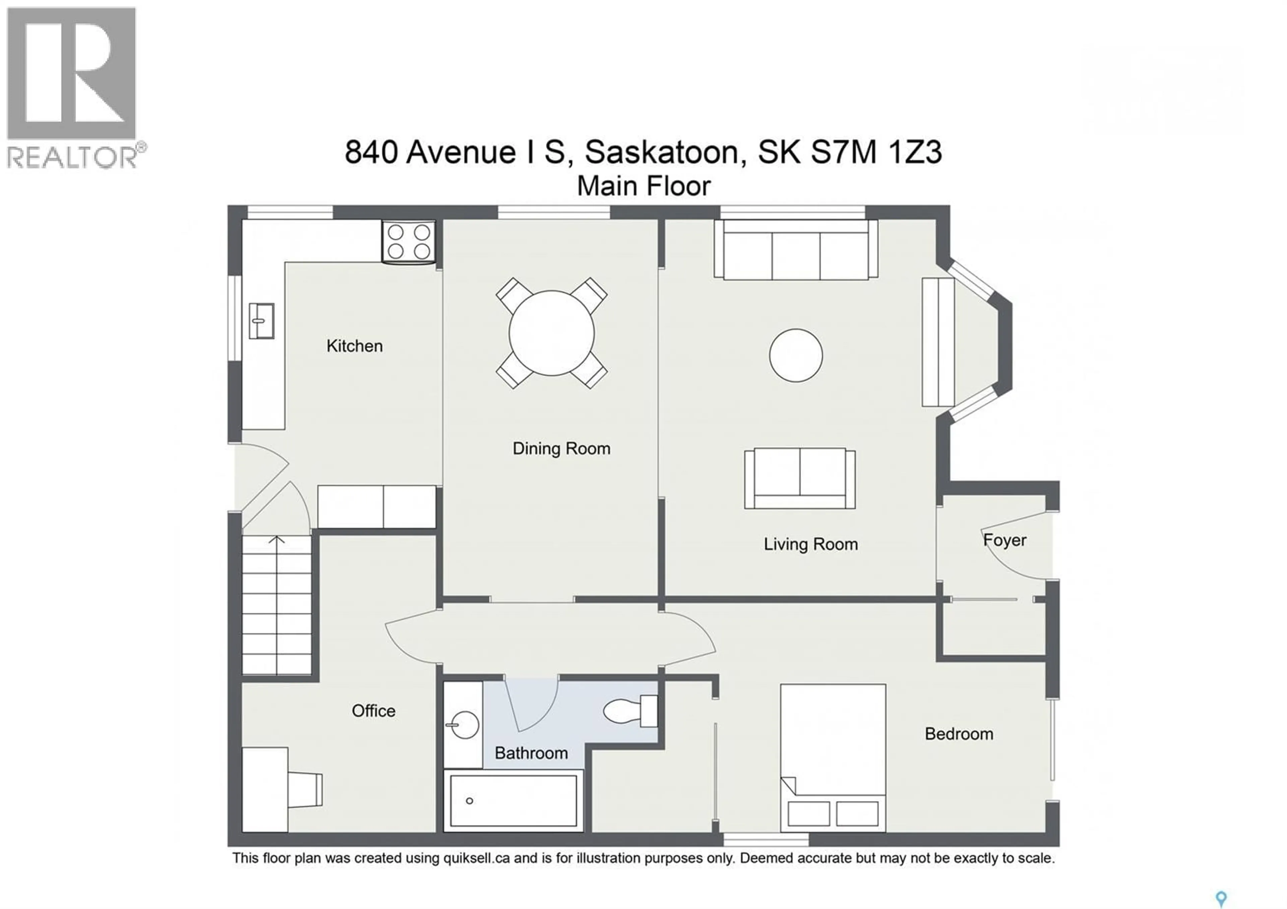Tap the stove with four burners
coord(409,242)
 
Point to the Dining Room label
coord(561,449)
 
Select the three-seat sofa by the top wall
coord(795,250)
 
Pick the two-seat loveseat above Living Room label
coord(799,478)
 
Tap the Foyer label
coord(1004,540)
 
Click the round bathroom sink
coord(464,725)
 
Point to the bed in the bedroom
coord(833,756)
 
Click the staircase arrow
coord(277,540)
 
